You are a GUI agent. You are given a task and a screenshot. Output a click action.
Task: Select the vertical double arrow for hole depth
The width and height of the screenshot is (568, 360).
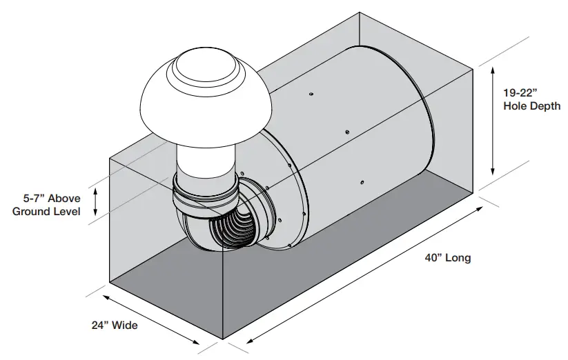(x=493, y=121)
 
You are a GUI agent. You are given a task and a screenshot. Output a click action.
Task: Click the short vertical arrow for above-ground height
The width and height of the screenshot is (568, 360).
(x=96, y=201)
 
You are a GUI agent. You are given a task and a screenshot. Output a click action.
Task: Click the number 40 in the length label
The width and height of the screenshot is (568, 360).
(x=433, y=259)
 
